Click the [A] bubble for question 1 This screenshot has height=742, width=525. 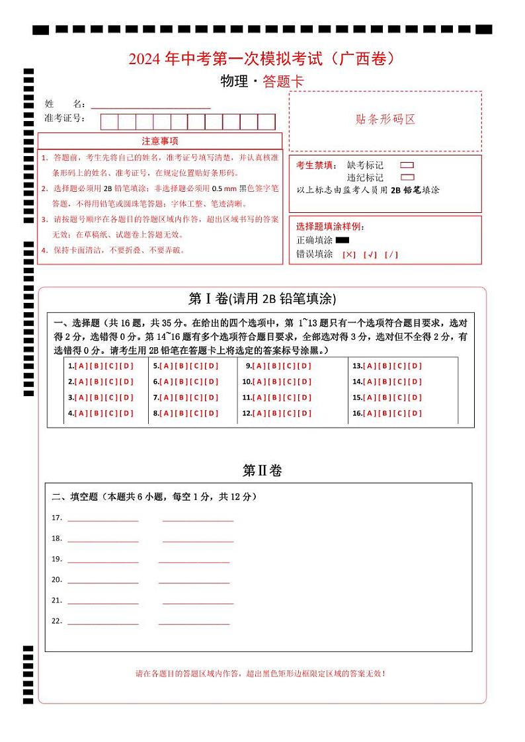point(81,366)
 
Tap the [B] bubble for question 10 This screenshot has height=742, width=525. point(273,382)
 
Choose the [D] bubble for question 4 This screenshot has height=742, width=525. point(127,413)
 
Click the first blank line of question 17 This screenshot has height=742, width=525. point(103,521)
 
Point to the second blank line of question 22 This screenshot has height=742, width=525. point(194,624)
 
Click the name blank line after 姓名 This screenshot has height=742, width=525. point(151,107)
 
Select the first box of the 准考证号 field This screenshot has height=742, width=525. point(109,122)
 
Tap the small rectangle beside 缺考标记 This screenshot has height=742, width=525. point(407,165)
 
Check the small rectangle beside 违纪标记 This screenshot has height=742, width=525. point(407,177)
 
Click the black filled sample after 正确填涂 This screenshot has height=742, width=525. point(342,240)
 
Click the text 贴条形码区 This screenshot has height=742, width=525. point(385,120)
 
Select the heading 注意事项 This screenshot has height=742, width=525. point(160,141)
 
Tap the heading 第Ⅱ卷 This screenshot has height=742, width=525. point(262,471)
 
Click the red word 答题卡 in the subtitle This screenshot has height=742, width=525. point(283,82)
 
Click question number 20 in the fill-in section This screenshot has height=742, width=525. point(56,580)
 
